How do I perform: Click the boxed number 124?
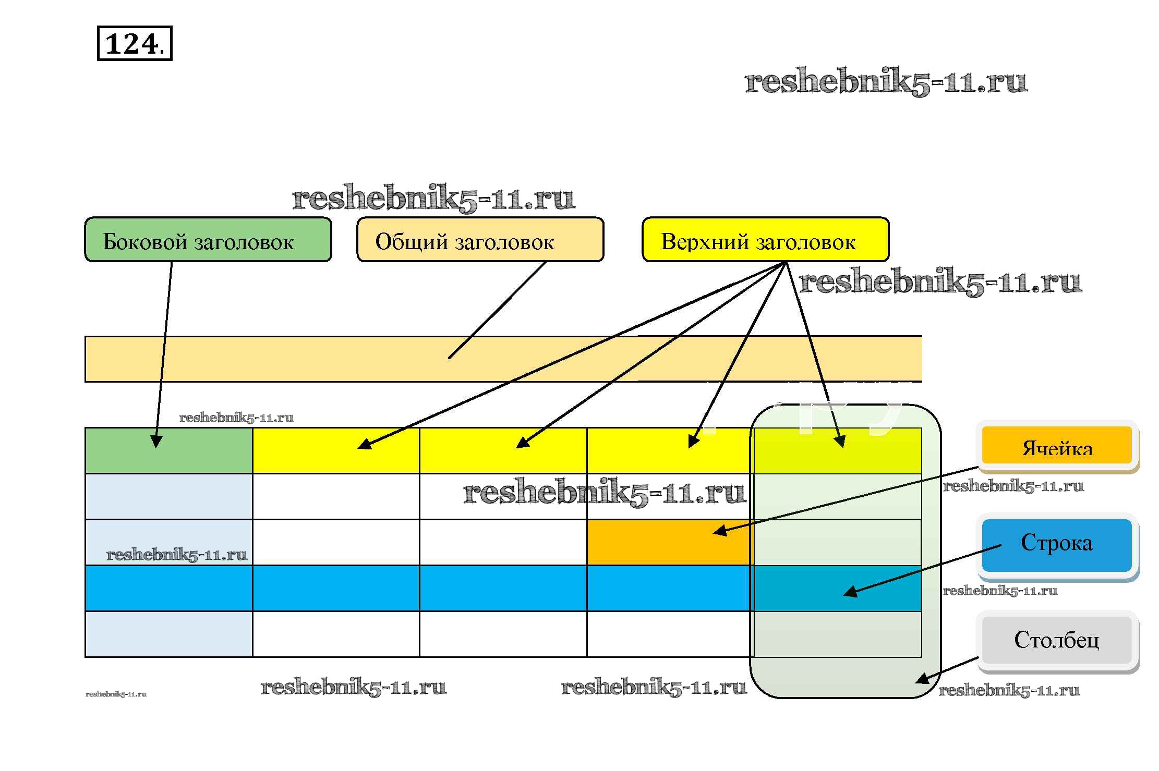134,43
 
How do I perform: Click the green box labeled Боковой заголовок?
208,240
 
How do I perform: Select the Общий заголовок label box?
480,240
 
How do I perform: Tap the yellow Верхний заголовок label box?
765,240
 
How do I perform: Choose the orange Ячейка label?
1057,446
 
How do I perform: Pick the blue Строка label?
1057,544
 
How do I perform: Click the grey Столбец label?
1057,640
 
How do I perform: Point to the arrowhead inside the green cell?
156,442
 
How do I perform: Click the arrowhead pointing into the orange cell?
720,531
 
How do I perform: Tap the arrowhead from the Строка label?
850,592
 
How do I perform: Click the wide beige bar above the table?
313,359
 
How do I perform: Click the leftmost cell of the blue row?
168,588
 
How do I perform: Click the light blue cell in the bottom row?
168,634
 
